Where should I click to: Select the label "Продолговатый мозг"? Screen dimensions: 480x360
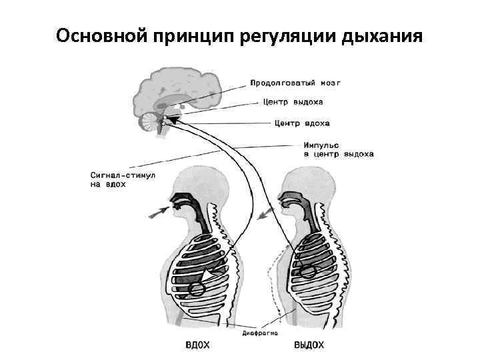click(295, 83)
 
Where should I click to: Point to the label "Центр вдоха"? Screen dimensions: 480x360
click(302, 123)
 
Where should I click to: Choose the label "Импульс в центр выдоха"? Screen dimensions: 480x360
click(338, 149)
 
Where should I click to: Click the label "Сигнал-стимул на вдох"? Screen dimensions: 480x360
click(122, 180)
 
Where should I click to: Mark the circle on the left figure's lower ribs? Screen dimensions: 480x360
click(197, 289)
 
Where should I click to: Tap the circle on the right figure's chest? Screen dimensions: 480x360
click(307, 271)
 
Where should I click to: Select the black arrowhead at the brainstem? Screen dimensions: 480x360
click(172, 120)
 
